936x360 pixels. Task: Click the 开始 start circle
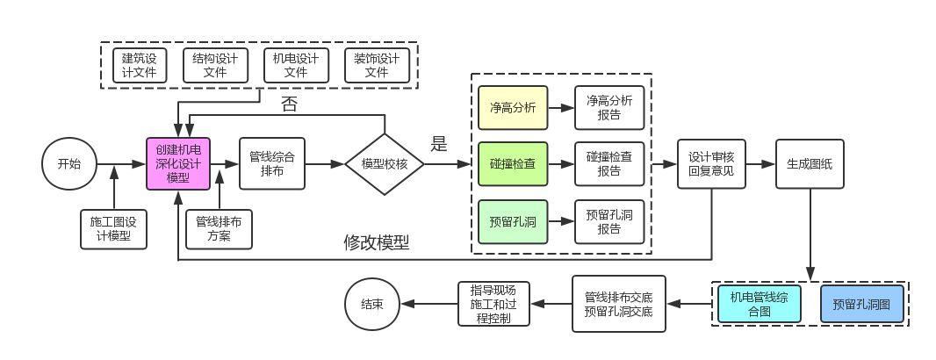coord(68,163)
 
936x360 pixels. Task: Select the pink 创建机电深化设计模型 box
coord(178,163)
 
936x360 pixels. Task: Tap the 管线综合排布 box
coord(271,163)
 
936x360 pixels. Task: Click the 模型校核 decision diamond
coord(385,164)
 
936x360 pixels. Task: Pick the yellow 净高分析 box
coord(512,108)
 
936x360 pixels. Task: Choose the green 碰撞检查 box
coord(512,164)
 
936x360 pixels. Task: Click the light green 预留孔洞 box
coord(512,221)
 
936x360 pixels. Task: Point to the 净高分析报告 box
coord(608,108)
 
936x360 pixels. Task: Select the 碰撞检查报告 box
coord(608,164)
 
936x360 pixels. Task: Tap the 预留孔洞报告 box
coord(608,221)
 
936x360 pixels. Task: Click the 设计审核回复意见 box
coord(711,164)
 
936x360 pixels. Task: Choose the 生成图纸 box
coord(809,164)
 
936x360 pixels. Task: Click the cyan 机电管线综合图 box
coord(759,305)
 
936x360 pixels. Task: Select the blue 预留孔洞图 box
coord(860,305)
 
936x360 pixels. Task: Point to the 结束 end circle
coord(371,304)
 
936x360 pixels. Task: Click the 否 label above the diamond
coord(289,104)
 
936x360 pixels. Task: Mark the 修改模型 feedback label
coord(376,243)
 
